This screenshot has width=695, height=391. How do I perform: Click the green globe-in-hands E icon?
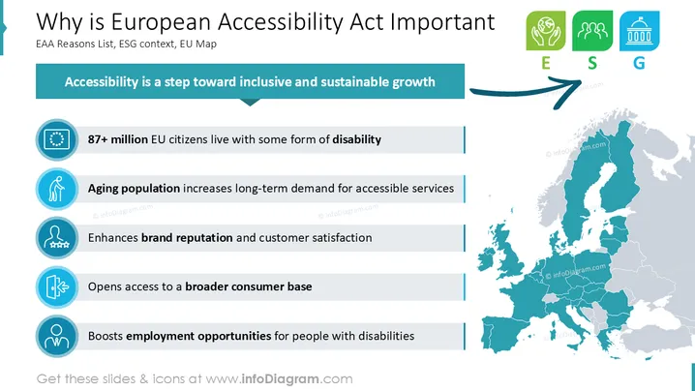[546, 31]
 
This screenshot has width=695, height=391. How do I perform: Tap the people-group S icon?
[592, 31]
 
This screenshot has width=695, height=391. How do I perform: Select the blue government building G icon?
[639, 31]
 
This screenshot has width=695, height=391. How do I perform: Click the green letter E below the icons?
[546, 64]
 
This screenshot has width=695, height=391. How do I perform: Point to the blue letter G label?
[639, 64]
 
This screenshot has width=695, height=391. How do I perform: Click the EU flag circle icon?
[57, 139]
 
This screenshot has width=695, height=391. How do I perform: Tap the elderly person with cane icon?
[57, 189]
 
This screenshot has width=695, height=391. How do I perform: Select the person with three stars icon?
[57, 238]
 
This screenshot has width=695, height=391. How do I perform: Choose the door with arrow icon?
[57, 287]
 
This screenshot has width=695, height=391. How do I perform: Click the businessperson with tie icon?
[57, 336]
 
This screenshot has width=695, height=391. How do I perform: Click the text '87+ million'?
[117, 139]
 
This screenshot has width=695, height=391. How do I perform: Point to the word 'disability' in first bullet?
[357, 140]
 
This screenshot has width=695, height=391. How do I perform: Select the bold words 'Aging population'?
[134, 189]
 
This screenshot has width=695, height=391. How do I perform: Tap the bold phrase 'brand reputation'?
[187, 238]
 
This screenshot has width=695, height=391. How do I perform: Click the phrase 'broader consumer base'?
[249, 286]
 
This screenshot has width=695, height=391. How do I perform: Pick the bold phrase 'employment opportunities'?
[198, 336]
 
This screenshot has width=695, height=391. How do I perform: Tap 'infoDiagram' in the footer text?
[280, 379]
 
